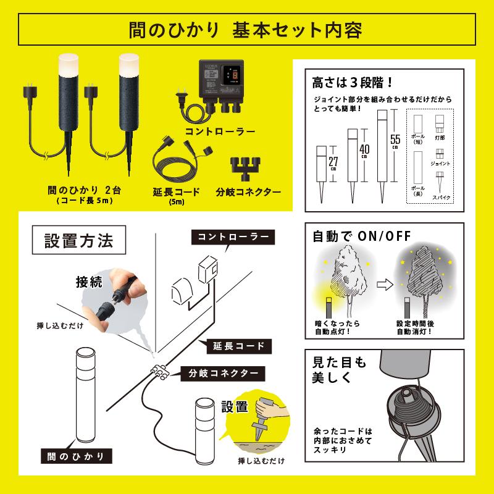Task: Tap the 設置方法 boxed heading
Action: point(79,241)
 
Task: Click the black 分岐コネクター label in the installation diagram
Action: point(224,373)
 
